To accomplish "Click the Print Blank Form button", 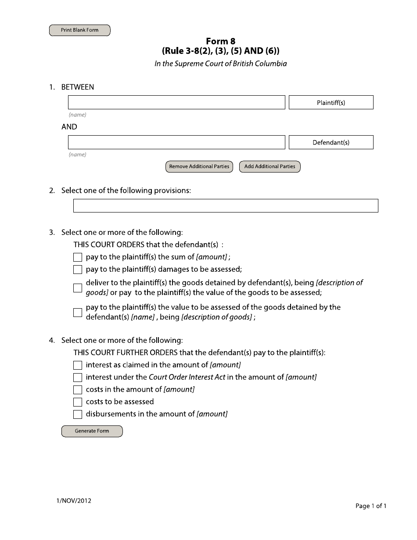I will point(79,30).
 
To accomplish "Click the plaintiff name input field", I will point(176,102).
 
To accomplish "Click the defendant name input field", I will point(176,142).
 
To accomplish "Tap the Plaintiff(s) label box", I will point(331,103).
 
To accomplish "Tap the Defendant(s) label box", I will point(331,143).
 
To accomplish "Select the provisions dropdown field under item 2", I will point(225,205).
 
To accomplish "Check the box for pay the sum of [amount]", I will point(78,257).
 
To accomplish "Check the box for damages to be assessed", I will point(78,270).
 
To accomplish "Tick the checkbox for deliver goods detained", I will point(78,288).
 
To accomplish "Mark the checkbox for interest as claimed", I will point(78,365).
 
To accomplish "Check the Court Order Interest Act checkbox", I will point(78,378).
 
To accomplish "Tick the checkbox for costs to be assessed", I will point(78,402).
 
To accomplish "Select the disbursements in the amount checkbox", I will point(78,414).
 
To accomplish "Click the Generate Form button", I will point(92,431).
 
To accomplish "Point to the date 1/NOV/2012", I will point(74,501).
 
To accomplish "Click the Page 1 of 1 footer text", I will point(370,506).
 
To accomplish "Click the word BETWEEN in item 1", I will point(77,87).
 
